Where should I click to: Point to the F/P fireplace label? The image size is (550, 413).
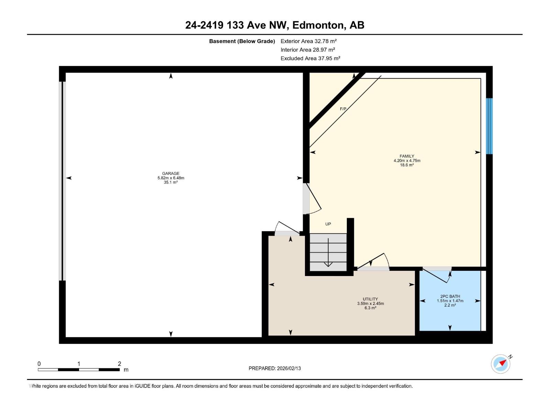343,109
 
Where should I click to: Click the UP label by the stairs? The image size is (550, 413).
328,224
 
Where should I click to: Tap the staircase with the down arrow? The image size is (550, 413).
328,252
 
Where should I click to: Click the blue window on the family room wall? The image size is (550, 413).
489,126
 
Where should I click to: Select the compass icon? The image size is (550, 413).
500,364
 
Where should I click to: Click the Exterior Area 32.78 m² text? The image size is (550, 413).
308,41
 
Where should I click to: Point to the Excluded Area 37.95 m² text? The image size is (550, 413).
310,59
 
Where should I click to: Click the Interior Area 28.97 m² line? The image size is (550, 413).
308,50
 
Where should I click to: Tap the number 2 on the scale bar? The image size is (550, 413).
119,364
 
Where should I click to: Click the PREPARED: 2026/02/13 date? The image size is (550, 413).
275,368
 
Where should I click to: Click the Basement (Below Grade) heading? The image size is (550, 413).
242,41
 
